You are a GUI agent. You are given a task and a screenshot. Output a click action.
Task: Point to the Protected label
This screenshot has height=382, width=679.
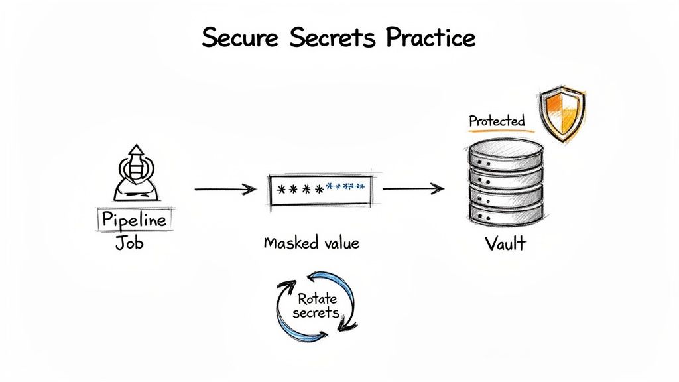[x=497, y=121]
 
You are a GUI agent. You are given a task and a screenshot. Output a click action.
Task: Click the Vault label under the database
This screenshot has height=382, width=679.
[x=505, y=243]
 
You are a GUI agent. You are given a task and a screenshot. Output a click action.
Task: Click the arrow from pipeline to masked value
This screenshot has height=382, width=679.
[x=225, y=190]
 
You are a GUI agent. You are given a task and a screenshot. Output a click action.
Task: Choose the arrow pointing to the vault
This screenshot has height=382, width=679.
[x=413, y=189]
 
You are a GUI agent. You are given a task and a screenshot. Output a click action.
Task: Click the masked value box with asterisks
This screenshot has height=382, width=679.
[x=320, y=189]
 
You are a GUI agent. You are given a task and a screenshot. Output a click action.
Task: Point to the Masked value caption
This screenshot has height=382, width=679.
[x=311, y=243]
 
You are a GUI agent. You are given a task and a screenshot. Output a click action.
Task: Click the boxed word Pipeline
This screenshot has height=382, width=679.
[x=135, y=220]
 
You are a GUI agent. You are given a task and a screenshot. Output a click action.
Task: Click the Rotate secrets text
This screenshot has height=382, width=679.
[x=317, y=306]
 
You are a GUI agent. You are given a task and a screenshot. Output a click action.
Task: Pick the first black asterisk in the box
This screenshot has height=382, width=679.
[x=280, y=190]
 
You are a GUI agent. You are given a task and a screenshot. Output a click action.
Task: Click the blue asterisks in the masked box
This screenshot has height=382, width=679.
[x=345, y=188]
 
